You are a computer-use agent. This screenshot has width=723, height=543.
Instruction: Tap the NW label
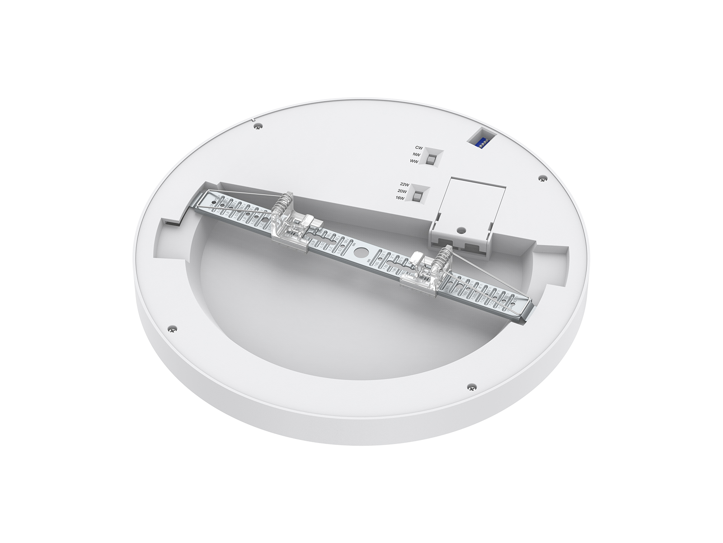coord(418,154)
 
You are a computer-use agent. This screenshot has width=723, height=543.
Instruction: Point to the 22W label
coord(404,184)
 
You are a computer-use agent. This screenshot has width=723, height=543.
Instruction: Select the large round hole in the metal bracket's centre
coord(361,251)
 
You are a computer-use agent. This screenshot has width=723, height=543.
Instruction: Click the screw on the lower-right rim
coord(471,386)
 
